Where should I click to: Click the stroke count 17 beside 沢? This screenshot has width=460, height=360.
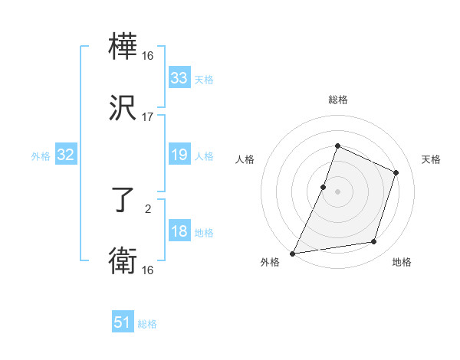148,117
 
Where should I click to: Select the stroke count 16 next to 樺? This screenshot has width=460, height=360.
148,56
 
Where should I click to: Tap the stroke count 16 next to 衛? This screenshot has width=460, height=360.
148,270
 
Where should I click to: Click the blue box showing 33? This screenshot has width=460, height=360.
179,78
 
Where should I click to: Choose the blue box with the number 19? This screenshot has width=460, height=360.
179,155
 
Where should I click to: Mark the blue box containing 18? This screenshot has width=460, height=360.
179,232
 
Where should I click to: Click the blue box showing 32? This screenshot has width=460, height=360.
66,155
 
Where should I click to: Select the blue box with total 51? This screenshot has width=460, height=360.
123,322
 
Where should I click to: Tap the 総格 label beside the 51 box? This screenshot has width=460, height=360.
147,324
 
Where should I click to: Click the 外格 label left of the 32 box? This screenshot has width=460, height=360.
41,156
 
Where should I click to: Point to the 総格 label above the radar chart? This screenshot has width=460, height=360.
337,100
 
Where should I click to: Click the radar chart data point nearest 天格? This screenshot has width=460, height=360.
396,173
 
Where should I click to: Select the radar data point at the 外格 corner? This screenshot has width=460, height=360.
293,253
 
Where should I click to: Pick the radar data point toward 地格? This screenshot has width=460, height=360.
374,242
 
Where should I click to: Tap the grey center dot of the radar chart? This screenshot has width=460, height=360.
337,191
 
